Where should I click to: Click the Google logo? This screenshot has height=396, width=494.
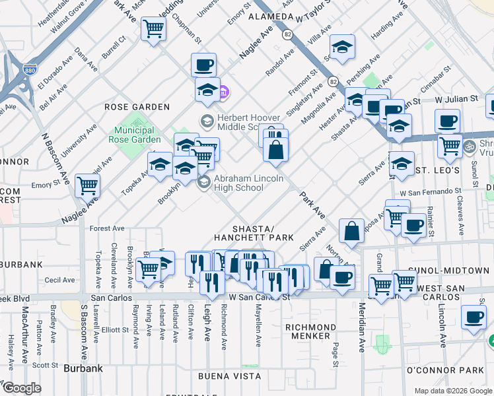tap(21, 389)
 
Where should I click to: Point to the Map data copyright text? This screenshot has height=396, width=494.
tap(453, 391)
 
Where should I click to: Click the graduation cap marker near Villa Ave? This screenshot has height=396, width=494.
tap(343, 47)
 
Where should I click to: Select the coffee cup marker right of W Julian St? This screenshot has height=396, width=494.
tap(447, 121)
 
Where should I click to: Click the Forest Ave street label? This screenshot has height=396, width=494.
tap(108, 228)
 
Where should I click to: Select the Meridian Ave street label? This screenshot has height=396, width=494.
tap(362, 328)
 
